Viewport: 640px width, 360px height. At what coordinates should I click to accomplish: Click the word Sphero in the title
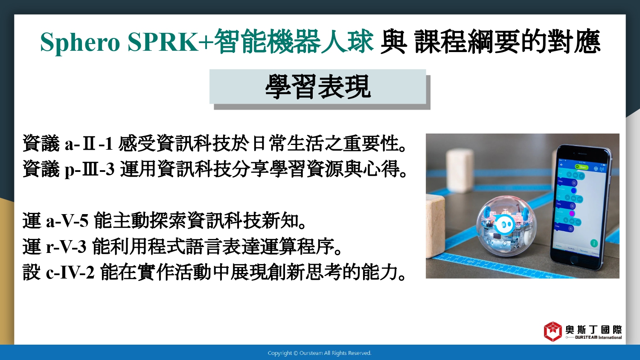click(x=80, y=42)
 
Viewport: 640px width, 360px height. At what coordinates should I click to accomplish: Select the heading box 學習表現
click(x=318, y=87)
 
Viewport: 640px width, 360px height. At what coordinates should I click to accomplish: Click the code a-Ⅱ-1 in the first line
click(x=89, y=144)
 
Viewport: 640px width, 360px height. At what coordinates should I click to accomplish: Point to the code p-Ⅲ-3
click(x=90, y=170)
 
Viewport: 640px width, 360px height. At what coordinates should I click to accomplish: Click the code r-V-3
click(x=66, y=246)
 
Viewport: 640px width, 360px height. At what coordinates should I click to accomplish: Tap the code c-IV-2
click(x=70, y=272)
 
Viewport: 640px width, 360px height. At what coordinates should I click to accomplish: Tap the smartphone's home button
click(x=574, y=260)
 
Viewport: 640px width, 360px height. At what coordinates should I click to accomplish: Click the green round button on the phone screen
click(x=594, y=243)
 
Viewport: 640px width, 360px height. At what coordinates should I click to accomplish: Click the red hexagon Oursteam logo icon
click(x=553, y=331)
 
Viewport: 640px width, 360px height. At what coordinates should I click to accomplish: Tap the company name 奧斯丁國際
click(x=593, y=329)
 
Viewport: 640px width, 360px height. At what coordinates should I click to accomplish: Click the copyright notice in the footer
click(x=320, y=353)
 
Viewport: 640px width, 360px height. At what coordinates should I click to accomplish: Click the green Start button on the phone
click(x=582, y=167)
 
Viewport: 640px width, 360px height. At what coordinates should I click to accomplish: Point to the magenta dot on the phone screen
click(x=572, y=213)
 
